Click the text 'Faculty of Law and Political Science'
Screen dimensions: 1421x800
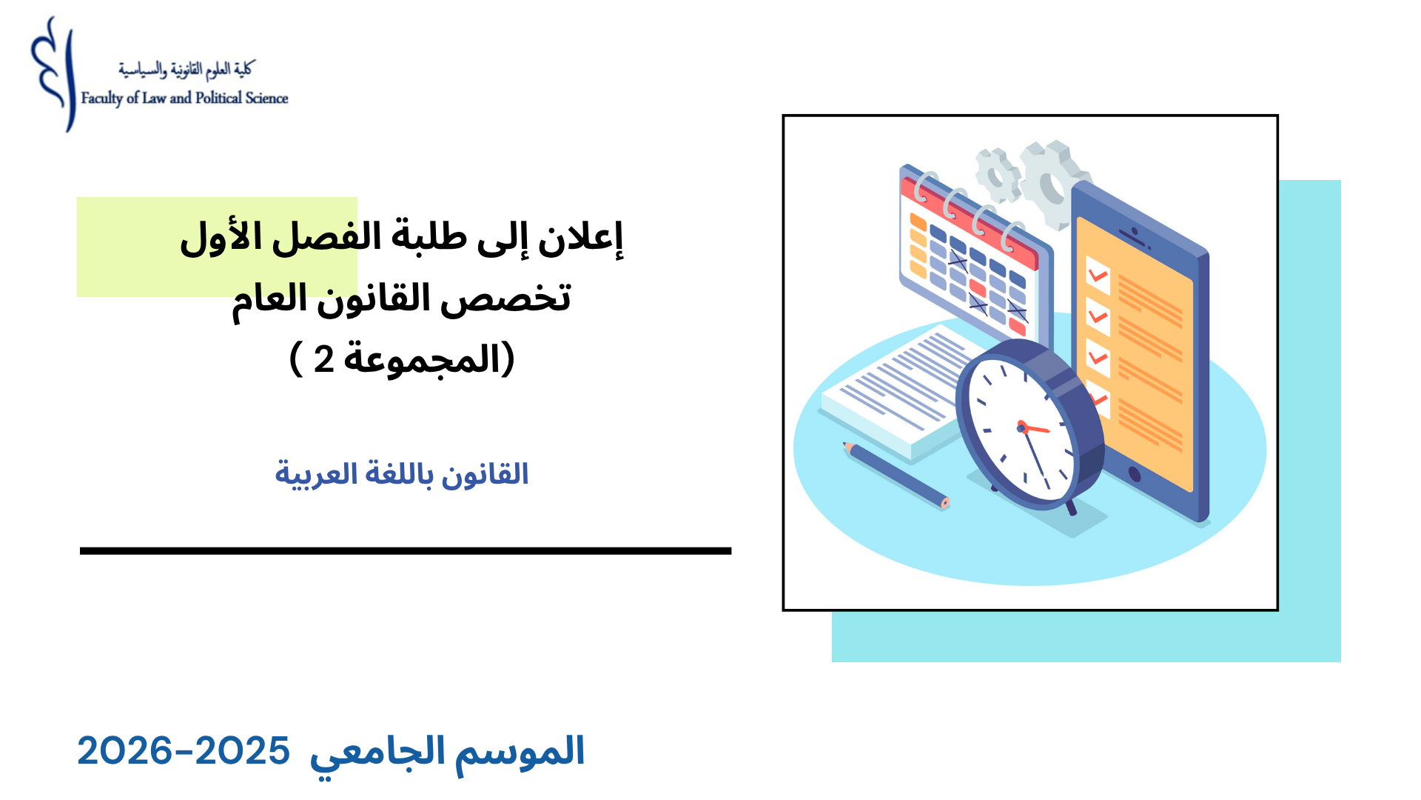coord(184,99)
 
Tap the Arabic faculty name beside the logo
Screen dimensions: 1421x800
coord(186,70)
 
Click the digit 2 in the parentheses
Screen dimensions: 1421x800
coord(323,359)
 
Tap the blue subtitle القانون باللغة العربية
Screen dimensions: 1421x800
coord(401,474)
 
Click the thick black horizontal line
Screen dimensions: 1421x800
coord(406,550)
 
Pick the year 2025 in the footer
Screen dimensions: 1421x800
coord(243,751)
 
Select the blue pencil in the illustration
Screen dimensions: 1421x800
coord(896,475)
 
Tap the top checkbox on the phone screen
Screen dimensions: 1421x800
coord(1098,275)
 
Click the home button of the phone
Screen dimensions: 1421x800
coord(1133,474)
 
